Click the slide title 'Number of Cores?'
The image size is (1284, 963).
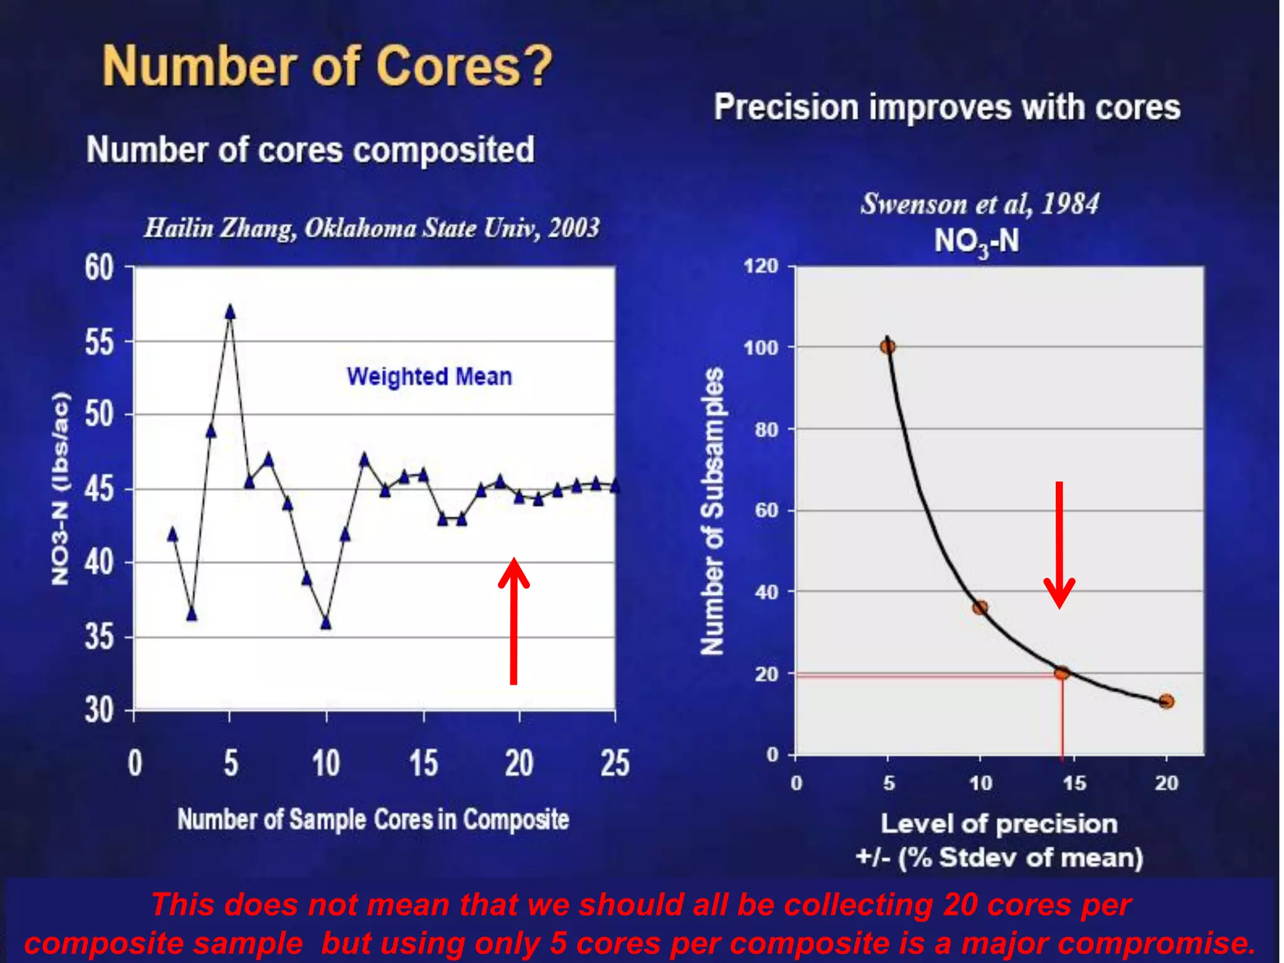point(327,66)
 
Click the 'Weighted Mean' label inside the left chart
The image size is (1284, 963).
point(429,376)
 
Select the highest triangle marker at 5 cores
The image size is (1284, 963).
point(230,312)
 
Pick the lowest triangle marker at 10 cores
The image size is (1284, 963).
point(326,623)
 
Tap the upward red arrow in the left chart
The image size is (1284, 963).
point(513,621)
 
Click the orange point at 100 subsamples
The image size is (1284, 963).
point(888,346)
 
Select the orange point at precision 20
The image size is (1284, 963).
point(1166,701)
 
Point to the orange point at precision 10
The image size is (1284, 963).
point(980,607)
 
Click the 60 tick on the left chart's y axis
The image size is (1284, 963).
point(99,268)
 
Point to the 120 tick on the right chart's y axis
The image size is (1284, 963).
point(760,266)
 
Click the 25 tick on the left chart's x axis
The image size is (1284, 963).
point(614,764)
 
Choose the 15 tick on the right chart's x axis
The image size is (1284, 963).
point(1073,783)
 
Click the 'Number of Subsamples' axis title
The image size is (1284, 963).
point(712,511)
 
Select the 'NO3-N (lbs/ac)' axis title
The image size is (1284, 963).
point(60,488)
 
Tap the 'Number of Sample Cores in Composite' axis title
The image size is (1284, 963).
point(373,819)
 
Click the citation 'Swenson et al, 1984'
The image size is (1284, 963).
point(979,204)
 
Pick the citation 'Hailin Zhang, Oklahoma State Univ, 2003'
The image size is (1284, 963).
point(372,228)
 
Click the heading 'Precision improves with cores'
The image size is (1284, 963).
point(947,107)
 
